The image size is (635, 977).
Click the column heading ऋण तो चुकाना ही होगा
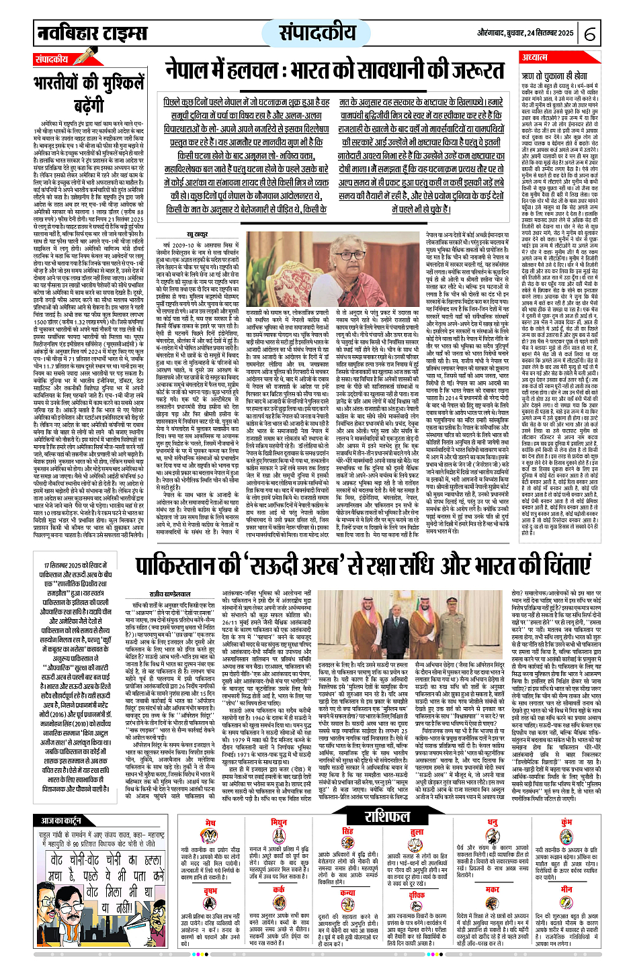click(555, 77)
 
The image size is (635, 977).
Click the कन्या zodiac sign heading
click(347, 894)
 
